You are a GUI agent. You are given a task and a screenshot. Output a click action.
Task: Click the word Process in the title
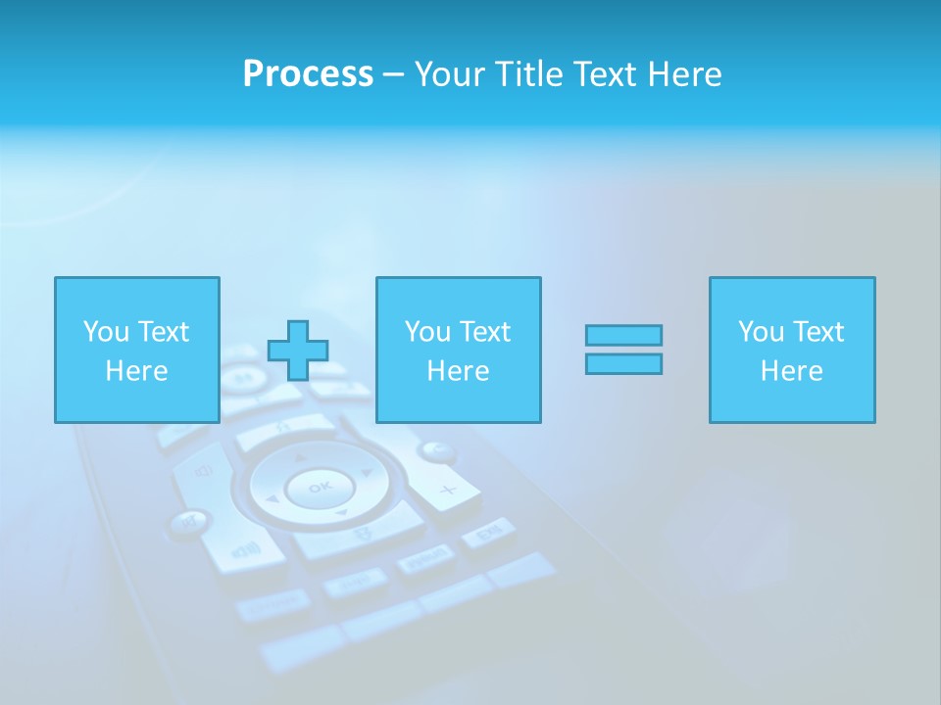[x=308, y=74]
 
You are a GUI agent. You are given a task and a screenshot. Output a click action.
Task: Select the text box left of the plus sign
[x=136, y=350]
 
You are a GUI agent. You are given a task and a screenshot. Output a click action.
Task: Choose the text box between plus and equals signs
[x=458, y=350]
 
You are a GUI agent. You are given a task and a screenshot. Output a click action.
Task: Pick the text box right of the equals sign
[x=791, y=350]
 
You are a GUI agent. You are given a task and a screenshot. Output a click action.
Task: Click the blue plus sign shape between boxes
[x=298, y=351]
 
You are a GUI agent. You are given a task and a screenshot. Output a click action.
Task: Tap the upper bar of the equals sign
[x=623, y=335]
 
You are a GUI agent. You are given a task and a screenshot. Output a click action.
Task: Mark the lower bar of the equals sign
[x=623, y=364]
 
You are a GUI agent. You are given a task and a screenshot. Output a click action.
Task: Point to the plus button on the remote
[x=448, y=489]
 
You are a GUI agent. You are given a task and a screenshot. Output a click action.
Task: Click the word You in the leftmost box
[x=106, y=332]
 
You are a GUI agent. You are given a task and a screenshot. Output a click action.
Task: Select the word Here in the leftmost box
[x=136, y=371]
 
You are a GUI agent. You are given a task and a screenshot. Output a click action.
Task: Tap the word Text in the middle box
[x=485, y=332]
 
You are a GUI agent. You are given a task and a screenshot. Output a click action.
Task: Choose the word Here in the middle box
[x=458, y=371]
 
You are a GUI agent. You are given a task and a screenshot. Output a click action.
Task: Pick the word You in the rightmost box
[x=761, y=332]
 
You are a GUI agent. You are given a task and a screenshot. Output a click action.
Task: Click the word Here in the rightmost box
[x=791, y=371]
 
